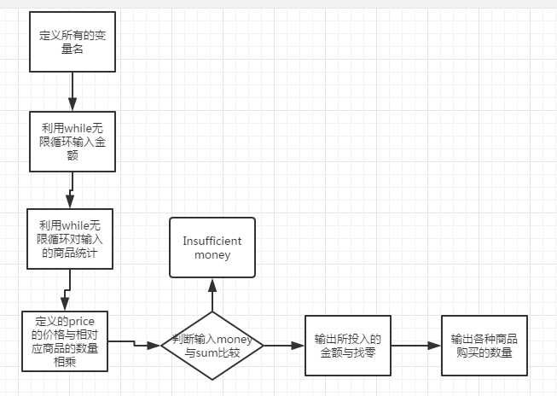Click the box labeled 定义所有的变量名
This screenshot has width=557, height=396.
(x=73, y=42)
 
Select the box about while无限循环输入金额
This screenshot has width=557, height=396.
(x=73, y=142)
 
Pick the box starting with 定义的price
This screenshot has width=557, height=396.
(x=65, y=341)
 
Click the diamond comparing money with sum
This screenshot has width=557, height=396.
(x=212, y=345)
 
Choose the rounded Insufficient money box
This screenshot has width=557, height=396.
(x=212, y=247)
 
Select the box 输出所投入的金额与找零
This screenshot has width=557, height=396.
(x=347, y=345)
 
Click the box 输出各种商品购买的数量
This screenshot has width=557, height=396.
(x=484, y=345)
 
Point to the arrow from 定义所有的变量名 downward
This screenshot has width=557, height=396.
(x=73, y=91)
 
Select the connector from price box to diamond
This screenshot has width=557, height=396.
(x=135, y=343)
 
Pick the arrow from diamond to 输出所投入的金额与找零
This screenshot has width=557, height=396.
(x=284, y=345)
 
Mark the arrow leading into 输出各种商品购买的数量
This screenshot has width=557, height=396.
(x=415, y=345)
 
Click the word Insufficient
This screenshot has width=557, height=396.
(x=212, y=241)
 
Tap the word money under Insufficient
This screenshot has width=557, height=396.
(x=212, y=255)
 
